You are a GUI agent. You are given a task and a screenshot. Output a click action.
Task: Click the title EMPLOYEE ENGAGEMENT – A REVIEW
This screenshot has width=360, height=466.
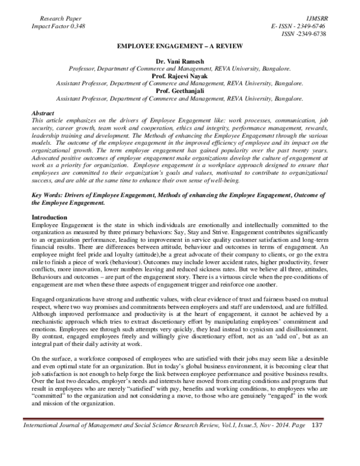click(x=180, y=46)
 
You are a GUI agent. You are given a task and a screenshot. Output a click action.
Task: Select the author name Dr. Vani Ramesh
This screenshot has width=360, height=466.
click(x=180, y=62)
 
